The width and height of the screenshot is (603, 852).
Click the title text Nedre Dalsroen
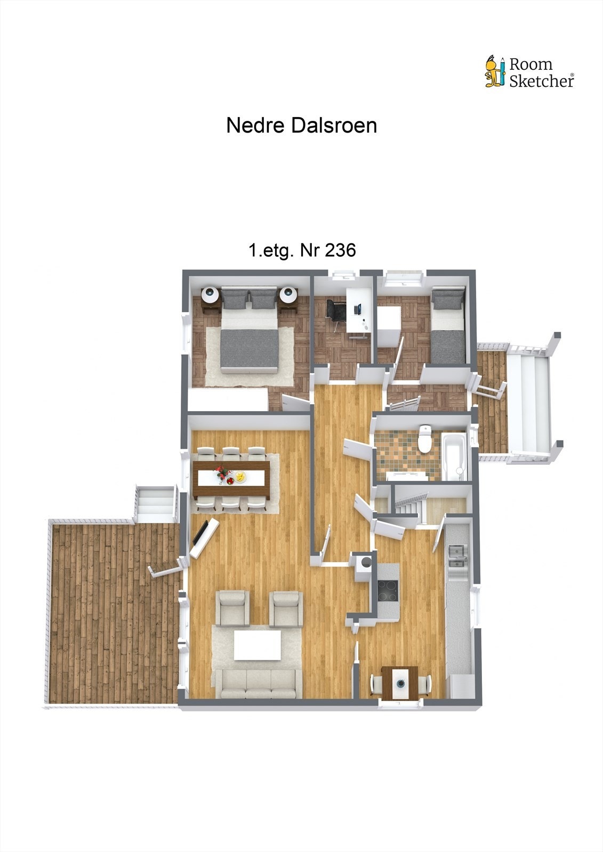click(x=301, y=126)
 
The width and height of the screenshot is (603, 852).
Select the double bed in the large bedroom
click(x=249, y=338)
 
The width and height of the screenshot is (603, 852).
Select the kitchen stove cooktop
click(x=388, y=590)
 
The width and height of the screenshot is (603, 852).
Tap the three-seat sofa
click(x=258, y=684)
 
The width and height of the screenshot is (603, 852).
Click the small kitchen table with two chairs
click(x=400, y=682)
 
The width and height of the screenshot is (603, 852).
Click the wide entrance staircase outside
click(x=528, y=402)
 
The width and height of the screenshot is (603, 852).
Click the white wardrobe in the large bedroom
click(x=228, y=399)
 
